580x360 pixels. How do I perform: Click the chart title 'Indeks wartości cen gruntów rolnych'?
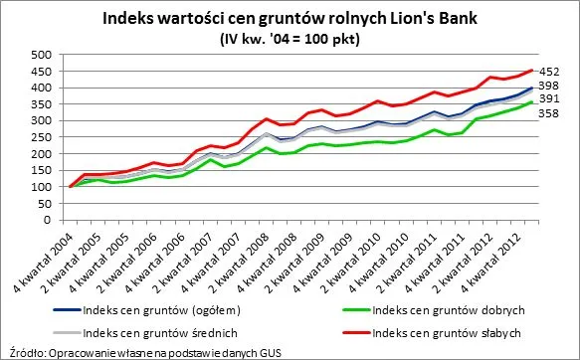[x=290, y=18]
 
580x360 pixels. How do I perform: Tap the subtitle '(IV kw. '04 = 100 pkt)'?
[x=289, y=39]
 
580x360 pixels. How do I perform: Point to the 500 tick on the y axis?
[x=44, y=55]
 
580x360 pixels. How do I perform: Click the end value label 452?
[x=550, y=72]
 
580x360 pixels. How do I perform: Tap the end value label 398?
[x=550, y=87]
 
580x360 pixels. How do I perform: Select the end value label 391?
[x=550, y=99]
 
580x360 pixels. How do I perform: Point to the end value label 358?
[x=550, y=114]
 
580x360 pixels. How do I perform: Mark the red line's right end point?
[x=534, y=71]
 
